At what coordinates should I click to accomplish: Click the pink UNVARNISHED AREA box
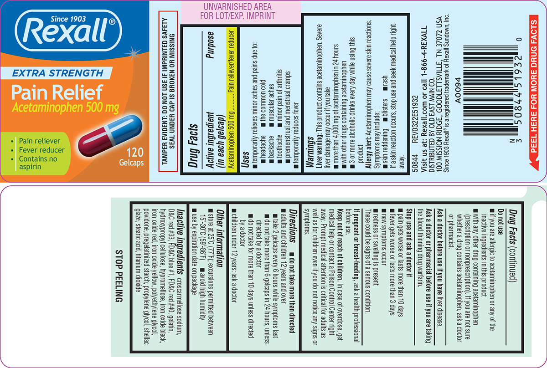[x=241, y=12]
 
